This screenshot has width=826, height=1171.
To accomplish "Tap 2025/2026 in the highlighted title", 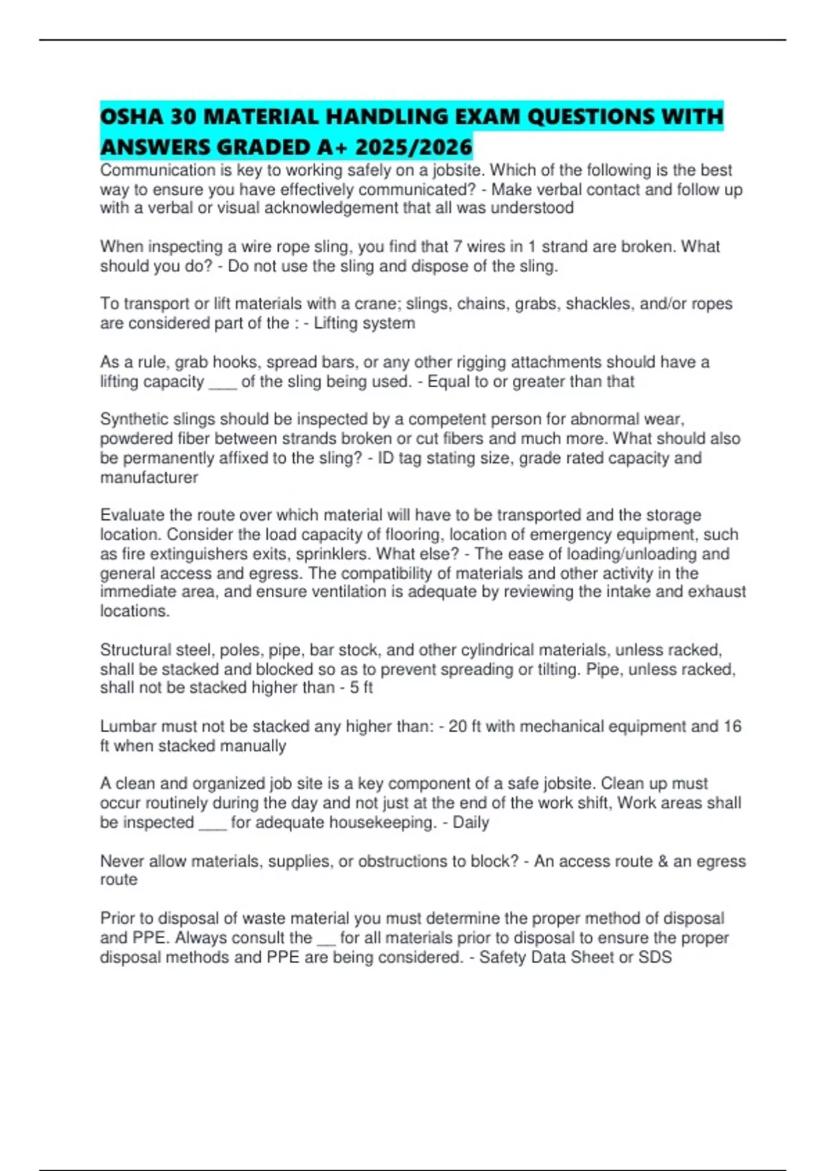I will [414, 147].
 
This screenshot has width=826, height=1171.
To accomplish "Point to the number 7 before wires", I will [458, 247].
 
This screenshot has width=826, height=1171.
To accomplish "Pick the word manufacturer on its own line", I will [149, 477].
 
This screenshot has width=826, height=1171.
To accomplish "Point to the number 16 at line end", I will [732, 726].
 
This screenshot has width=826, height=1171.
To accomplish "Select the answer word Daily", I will [471, 822].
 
